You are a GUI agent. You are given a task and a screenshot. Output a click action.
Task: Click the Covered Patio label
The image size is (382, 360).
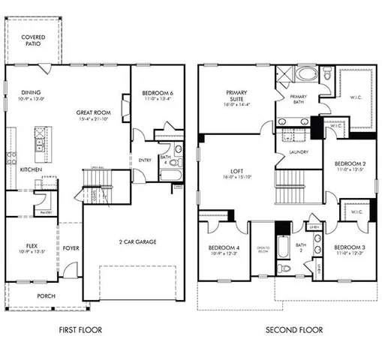click(x=32, y=40)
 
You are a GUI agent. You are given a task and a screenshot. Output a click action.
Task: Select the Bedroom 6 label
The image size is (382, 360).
click(x=156, y=94)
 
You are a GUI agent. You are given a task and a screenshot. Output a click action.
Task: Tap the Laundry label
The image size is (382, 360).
click(x=299, y=153)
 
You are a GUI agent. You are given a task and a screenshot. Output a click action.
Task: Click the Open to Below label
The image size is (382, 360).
click(x=263, y=249)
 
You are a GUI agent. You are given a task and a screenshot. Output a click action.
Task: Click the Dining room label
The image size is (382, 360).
click(x=31, y=93)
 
